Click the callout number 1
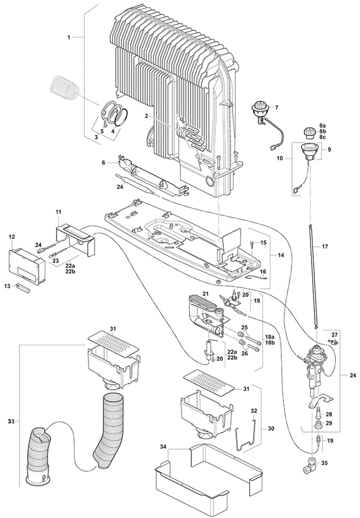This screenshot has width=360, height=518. tap(69, 37)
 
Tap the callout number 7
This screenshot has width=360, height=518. tap(277, 107)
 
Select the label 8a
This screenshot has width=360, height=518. tap(322, 125)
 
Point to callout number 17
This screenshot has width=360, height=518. tap(325, 247)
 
